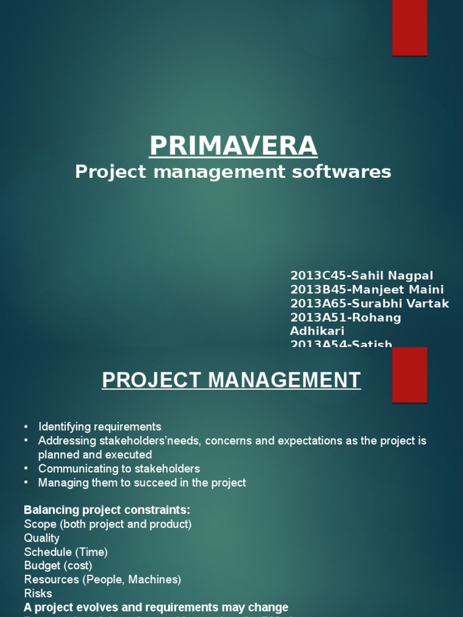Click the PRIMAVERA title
[x=233, y=146]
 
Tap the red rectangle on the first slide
[x=409, y=28]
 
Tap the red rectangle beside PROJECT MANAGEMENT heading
[x=409, y=375]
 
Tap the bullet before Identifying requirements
[x=26, y=427]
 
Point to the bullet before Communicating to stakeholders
[x=26, y=468]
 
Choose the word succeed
[x=136, y=483]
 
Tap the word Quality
[x=42, y=538]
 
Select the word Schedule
[x=48, y=552]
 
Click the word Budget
[x=43, y=566]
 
